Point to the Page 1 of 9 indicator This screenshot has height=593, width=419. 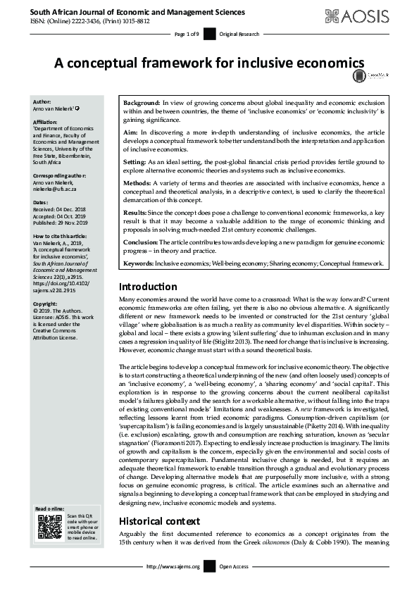(x=187, y=34)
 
